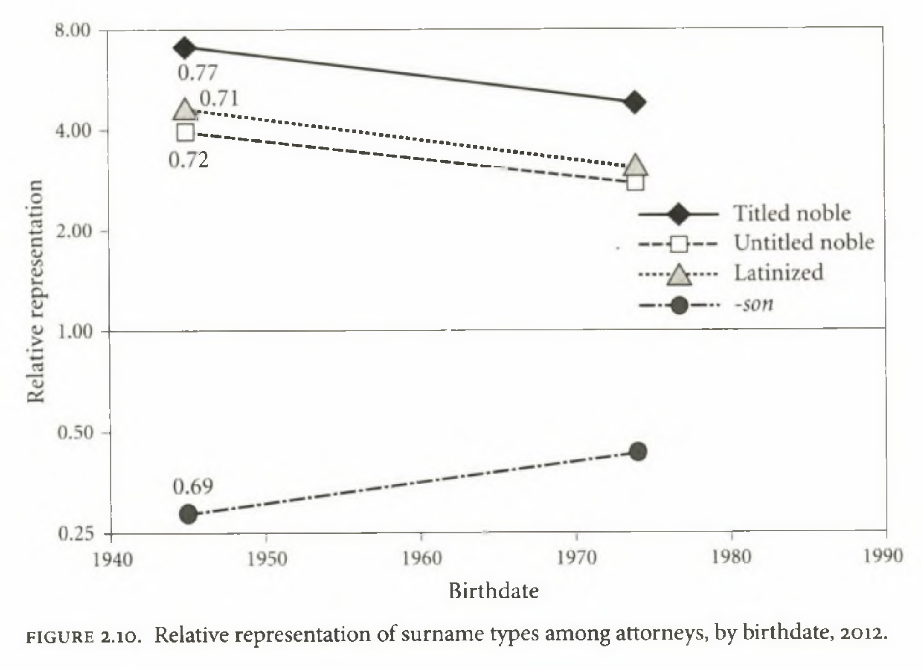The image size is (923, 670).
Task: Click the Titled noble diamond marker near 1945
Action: [x=185, y=48]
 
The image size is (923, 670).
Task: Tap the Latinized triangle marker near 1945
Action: [x=185, y=110]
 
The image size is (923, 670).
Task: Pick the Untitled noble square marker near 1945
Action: [x=185, y=133]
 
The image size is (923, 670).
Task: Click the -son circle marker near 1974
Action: [x=638, y=451]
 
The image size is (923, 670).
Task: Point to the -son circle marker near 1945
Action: [x=188, y=514]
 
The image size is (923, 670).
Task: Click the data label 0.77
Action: [x=197, y=73]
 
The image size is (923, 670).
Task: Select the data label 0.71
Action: [x=219, y=98]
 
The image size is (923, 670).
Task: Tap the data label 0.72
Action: [x=188, y=160]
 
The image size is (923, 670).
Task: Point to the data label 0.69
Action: [x=193, y=487]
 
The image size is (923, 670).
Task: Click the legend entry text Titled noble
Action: [x=792, y=213]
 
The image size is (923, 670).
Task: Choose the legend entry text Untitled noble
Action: [x=804, y=242]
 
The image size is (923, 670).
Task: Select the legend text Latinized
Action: [x=779, y=273]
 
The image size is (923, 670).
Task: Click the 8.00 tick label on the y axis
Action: [x=73, y=31]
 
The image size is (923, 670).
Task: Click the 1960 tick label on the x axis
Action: [x=422, y=558]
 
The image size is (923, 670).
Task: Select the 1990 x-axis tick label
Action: [x=884, y=556]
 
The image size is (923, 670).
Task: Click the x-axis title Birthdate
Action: [x=493, y=591]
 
